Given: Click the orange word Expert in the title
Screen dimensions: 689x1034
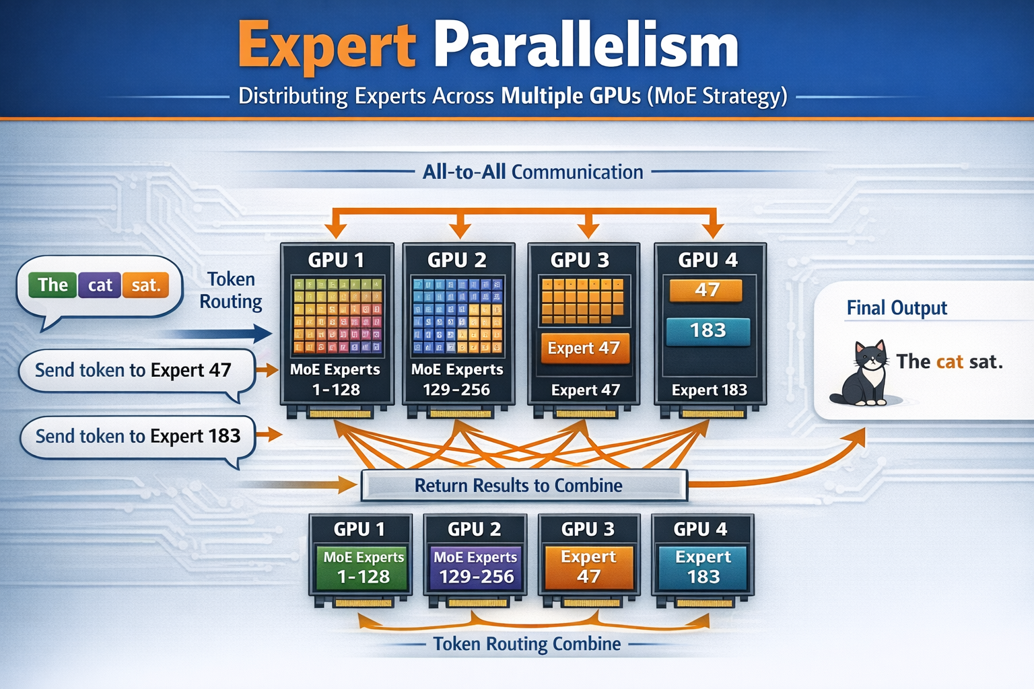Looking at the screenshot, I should point(327,46).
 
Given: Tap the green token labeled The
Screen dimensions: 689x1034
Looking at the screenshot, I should point(53,285).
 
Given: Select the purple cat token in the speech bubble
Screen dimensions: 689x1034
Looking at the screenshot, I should point(100,285).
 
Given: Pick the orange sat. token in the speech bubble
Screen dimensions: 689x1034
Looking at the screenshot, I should point(145,285).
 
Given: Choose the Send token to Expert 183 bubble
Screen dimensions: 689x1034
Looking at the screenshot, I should point(137,436).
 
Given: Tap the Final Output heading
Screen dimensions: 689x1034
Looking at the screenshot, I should point(896,308).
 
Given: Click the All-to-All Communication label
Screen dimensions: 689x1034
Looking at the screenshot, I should point(532,172).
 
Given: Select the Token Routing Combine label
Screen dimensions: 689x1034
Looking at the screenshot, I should point(526,644).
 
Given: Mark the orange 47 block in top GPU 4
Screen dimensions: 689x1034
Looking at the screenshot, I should point(706,290).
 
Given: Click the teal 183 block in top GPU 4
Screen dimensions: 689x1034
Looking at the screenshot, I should point(708,330).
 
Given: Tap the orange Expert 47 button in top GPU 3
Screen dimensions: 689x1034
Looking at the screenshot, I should point(584,348).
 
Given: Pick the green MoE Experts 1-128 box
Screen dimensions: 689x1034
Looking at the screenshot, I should point(363,567).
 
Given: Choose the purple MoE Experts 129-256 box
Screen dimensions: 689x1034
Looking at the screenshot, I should point(475,567).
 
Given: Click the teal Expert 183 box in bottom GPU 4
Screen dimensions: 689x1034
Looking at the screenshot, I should point(703,567).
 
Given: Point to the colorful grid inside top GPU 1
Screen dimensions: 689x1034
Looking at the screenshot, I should point(337,315).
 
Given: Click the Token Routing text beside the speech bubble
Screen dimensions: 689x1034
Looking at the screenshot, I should point(231,290).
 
